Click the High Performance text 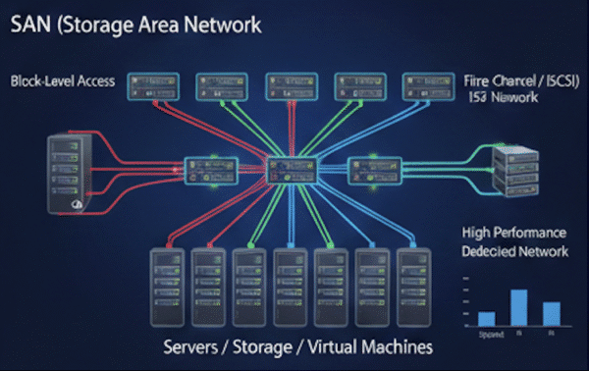click(x=513, y=234)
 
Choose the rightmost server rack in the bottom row click(x=412, y=286)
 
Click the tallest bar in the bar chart click(x=519, y=307)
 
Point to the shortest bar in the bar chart click(x=486, y=318)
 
